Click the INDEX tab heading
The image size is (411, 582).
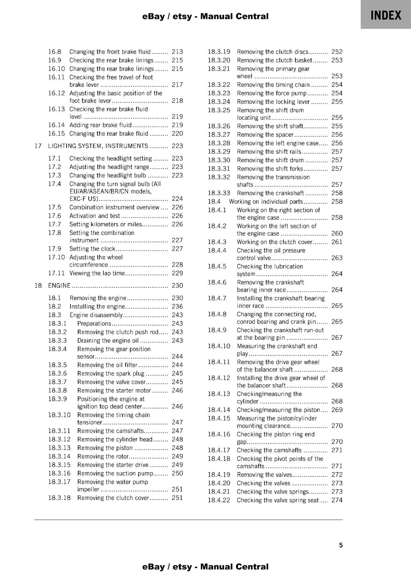386,15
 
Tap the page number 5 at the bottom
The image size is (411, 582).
341,545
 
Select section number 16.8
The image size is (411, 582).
55,52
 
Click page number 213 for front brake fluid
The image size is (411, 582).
177,52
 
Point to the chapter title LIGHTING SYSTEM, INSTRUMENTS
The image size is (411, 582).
98,146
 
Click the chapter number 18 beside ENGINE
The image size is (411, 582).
38,286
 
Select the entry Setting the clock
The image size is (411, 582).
92,249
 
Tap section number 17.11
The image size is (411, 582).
56,273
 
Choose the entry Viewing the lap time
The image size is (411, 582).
97,273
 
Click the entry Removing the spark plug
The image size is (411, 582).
111,374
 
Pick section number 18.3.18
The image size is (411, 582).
59,498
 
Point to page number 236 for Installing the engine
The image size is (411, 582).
177,306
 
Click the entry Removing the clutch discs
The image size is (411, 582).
272,52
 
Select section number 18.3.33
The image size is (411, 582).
219,193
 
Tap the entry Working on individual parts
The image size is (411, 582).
266,202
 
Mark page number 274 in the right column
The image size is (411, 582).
337,500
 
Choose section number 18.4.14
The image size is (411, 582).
219,410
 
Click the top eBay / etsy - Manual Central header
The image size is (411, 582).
205,16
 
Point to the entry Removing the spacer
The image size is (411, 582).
265,135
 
